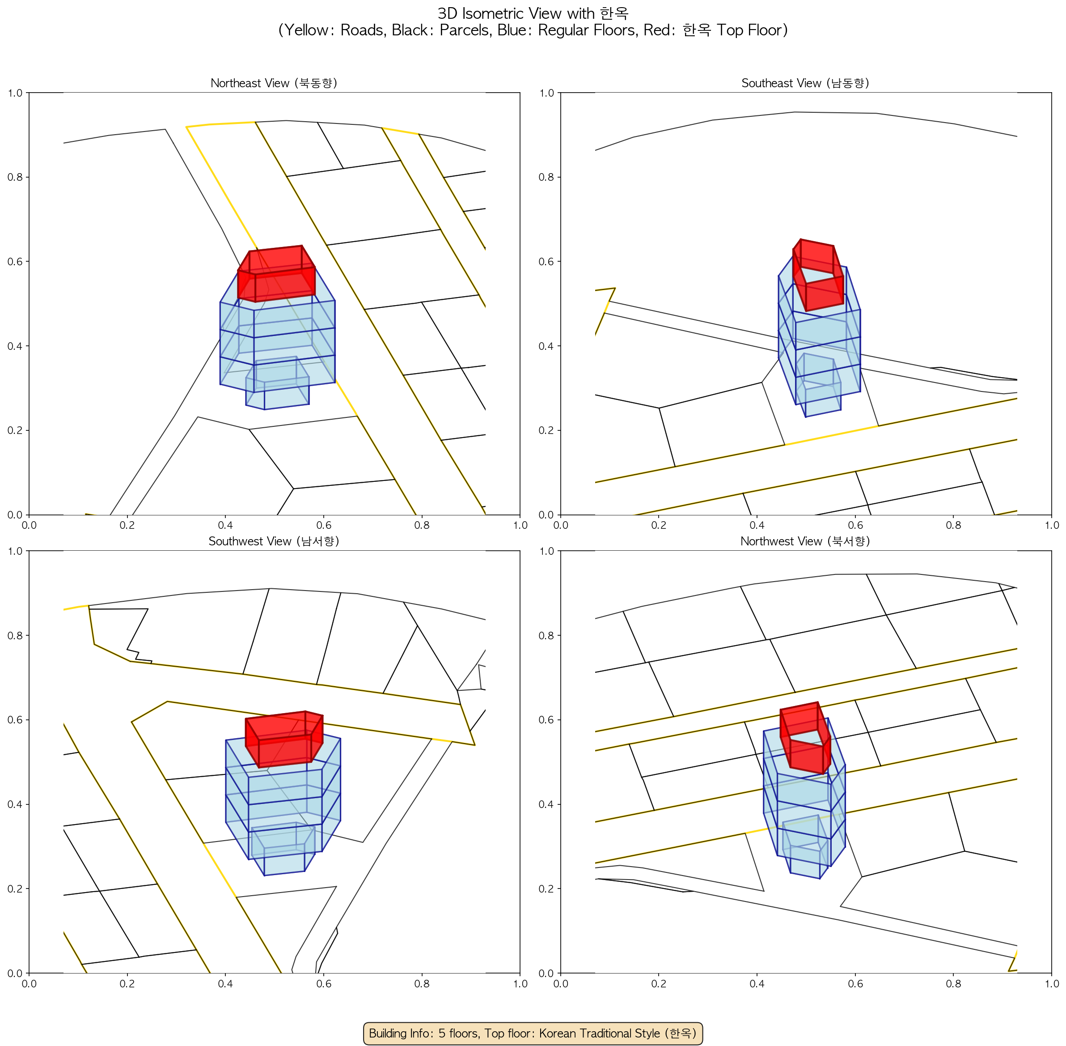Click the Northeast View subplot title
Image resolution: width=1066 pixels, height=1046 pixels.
(274, 83)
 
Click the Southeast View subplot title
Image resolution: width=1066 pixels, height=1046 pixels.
(805, 83)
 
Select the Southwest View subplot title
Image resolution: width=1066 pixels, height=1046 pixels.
(274, 541)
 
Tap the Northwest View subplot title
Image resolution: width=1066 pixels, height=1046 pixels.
(805, 541)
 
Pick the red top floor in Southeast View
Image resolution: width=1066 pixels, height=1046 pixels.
(818, 275)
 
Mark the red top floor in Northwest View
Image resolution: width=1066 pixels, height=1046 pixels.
(805, 738)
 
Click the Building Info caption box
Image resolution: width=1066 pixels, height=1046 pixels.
(533, 1033)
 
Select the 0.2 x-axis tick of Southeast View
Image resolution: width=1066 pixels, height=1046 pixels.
(659, 525)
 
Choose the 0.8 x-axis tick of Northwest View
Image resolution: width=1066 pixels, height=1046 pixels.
(953, 983)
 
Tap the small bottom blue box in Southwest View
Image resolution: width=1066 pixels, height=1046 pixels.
(283, 849)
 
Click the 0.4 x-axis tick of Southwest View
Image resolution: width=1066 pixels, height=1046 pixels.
(225, 983)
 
